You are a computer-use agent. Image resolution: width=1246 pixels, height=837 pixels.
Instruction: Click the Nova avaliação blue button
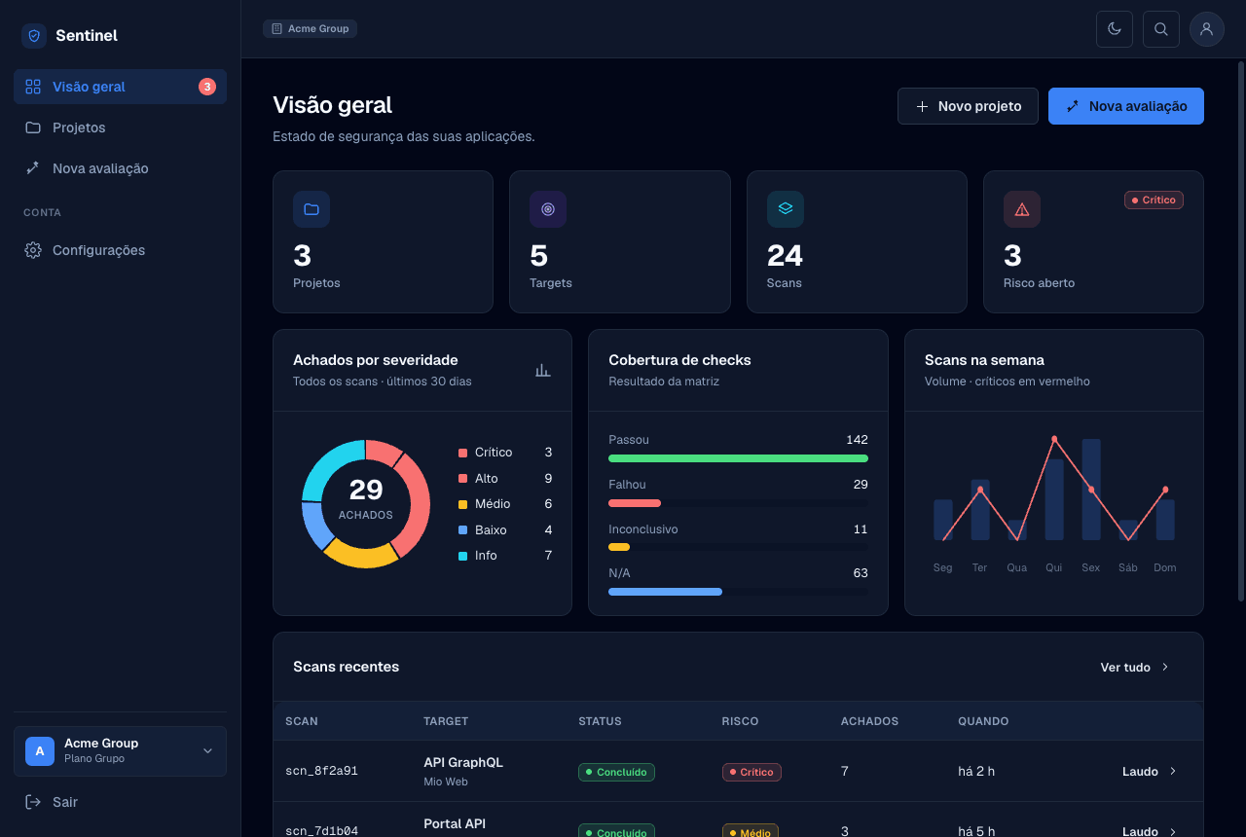click(x=1126, y=106)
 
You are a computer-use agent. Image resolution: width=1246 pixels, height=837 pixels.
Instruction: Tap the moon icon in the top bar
click(x=1115, y=29)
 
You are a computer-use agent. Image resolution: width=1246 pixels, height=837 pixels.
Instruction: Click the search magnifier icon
click(x=1161, y=29)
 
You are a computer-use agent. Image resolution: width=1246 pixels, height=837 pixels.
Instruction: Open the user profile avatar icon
click(x=1206, y=29)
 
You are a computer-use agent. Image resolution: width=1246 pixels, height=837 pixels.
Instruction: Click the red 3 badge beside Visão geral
click(x=207, y=87)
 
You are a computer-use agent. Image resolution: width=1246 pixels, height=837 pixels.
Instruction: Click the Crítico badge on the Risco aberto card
click(x=1154, y=200)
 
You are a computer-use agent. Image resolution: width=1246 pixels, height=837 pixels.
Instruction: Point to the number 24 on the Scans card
click(x=785, y=256)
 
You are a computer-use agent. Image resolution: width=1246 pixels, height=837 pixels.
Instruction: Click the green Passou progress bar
click(x=738, y=458)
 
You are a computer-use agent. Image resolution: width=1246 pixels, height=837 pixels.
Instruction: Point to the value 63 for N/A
click(x=860, y=573)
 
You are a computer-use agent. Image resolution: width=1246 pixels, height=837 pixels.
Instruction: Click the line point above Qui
click(x=1054, y=439)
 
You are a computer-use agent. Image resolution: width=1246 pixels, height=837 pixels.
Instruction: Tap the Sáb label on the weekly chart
click(x=1127, y=567)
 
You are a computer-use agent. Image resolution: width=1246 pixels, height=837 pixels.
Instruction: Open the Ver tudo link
click(x=1134, y=667)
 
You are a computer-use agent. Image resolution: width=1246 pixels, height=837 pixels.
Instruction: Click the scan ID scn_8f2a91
click(x=321, y=771)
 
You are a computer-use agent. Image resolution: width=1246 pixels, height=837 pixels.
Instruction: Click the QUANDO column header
click(x=983, y=721)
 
